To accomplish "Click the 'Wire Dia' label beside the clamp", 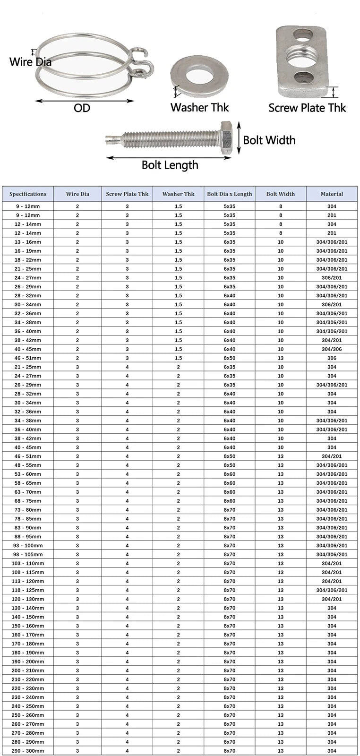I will (30, 61).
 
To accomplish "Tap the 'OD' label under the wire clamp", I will (82, 108).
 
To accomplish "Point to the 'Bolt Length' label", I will (170, 165).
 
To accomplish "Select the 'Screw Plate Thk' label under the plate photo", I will (307, 108).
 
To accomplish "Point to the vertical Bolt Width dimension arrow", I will (239, 137).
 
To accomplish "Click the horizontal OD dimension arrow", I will (85, 100).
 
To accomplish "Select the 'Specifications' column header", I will (28, 194).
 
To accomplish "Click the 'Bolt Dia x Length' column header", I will (230, 194).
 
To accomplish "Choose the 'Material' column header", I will (332, 194).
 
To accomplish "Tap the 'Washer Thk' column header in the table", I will (178, 194).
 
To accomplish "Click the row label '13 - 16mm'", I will (28, 242).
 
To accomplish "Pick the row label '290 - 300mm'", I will (28, 751).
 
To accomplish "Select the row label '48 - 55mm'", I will (28, 465).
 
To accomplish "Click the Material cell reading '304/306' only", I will (332, 349).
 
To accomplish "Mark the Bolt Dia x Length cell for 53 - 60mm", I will (230, 474).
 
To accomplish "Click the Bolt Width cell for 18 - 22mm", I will (281, 260).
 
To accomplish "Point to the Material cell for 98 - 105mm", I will (332, 554).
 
